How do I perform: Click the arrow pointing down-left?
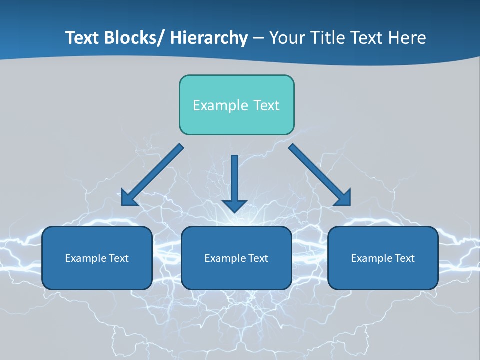(152, 175)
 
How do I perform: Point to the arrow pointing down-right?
(320, 175)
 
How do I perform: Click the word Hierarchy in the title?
(209, 38)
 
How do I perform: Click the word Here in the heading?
(407, 38)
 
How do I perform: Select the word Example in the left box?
(85, 258)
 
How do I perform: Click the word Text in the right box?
(404, 258)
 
